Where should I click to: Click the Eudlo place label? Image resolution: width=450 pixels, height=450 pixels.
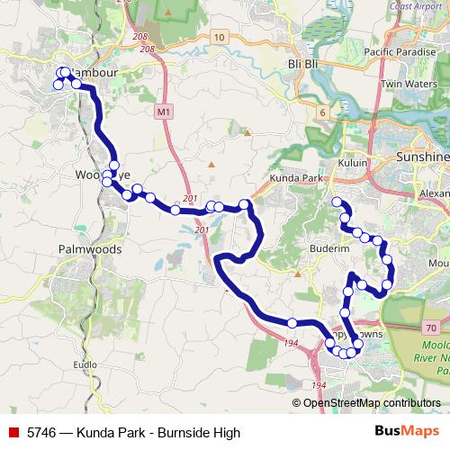85,364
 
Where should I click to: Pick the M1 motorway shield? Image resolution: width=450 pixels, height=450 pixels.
162,112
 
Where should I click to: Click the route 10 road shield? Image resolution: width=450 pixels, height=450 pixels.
219,37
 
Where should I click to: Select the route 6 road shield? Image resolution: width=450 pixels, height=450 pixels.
321,112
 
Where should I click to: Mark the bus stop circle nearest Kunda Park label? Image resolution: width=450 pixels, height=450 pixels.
336,202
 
